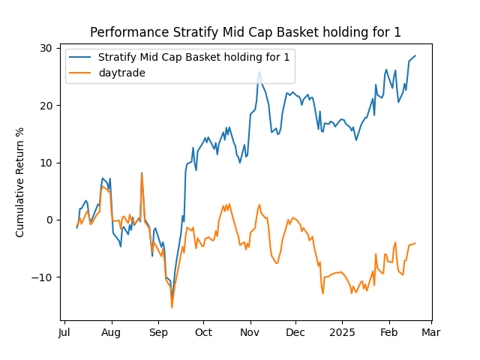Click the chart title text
pos(245,32)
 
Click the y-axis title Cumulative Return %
pos(20,182)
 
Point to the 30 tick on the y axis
pos(46,48)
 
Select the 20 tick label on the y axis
pos(46,105)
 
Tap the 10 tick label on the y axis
pos(46,163)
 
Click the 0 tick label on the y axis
pos(49,220)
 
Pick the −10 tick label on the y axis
pos(43,277)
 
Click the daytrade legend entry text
pos(121,72)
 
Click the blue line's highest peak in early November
pos(259,72)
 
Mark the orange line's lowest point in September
pos(172,307)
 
